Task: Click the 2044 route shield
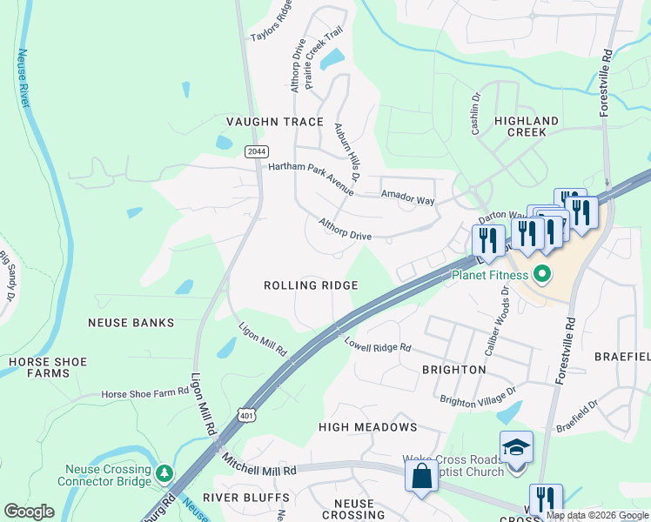(257, 151)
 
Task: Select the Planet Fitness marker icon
(541, 277)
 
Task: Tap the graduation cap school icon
(516, 448)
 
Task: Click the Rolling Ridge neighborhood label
(311, 285)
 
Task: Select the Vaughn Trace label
(275, 122)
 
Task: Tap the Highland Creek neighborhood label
(527, 126)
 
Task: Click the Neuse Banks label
(131, 322)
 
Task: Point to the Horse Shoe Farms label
(47, 367)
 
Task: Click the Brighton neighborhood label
(453, 370)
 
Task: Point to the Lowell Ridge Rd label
(376, 345)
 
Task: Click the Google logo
(30, 512)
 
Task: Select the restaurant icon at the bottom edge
(546, 500)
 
